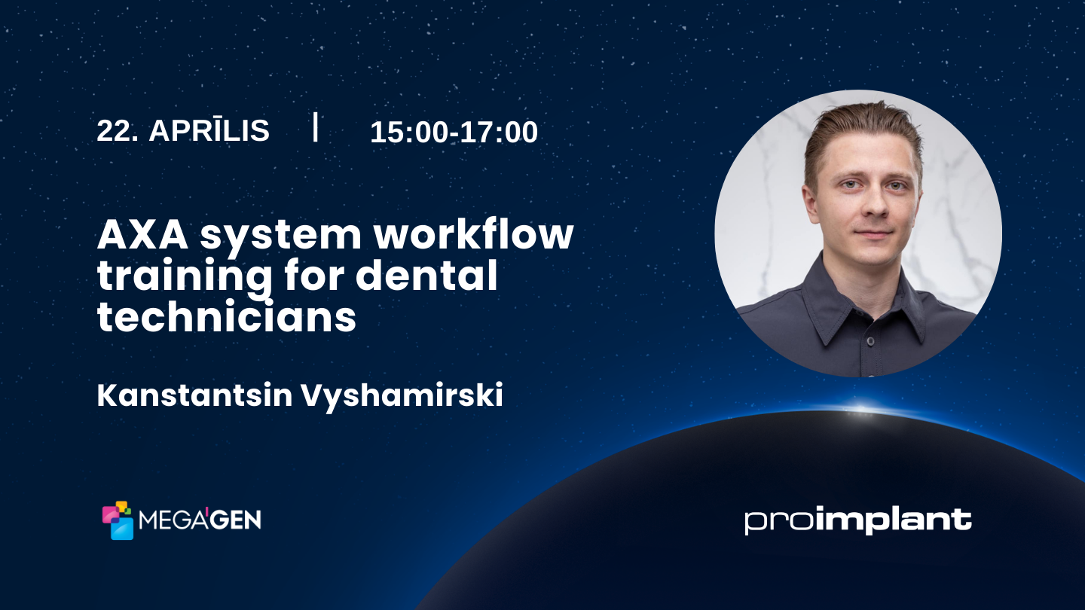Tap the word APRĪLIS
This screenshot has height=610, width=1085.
pos(209,131)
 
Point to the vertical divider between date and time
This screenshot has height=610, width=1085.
pos(315,127)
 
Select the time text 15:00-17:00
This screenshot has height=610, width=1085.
pos(454,133)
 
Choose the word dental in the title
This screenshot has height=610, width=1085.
pos(426,276)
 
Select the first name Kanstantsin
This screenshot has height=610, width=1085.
pos(194,396)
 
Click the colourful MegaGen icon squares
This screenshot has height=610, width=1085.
pos(118,520)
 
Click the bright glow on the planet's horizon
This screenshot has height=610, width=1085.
pos(859,411)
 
